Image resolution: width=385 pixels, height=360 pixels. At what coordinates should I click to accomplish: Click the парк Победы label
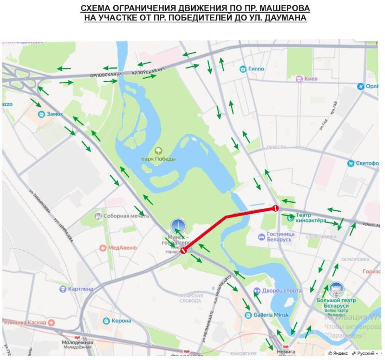coord(158,159)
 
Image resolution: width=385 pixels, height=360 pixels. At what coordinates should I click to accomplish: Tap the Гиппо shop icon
coord(244,69)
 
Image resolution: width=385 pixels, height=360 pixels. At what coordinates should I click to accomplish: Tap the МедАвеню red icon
coord(103,248)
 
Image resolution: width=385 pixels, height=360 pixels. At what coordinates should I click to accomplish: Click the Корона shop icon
coord(106,321)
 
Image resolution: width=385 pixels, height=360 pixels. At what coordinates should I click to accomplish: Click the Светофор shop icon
coord(351,163)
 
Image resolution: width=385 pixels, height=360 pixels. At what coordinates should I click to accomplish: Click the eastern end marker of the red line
coord(275,208)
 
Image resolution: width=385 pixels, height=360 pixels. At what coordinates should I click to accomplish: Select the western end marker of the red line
coord(183,250)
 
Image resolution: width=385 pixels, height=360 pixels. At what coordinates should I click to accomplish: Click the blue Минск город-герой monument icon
coord(177,226)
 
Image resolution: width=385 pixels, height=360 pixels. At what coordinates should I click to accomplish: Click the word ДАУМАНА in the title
coord(284,18)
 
